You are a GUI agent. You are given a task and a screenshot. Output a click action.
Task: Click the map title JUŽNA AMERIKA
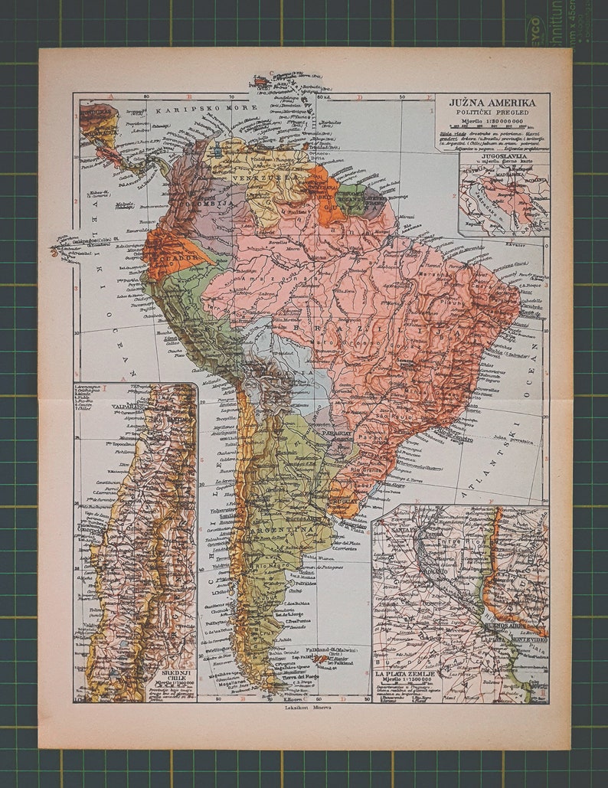(x=493, y=103)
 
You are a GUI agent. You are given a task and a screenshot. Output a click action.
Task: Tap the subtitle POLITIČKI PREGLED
(x=493, y=113)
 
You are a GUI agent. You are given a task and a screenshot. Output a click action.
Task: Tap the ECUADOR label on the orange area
(x=175, y=258)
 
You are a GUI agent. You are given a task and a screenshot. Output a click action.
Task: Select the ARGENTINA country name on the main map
(x=290, y=529)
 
